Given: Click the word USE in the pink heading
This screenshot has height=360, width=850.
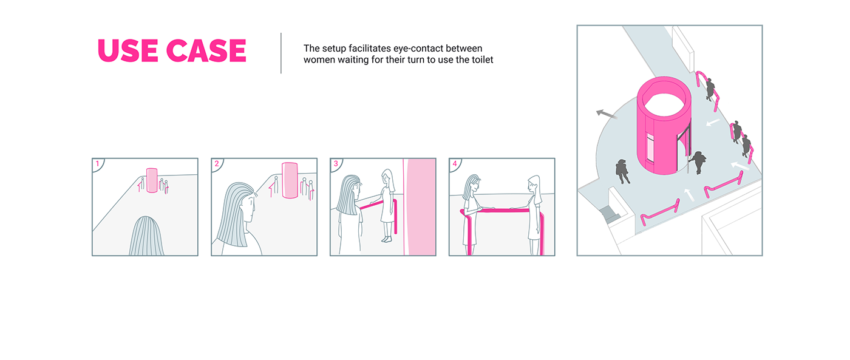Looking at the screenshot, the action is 127,50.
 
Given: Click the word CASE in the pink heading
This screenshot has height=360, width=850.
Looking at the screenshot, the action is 206,50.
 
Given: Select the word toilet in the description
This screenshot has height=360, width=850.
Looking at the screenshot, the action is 482,59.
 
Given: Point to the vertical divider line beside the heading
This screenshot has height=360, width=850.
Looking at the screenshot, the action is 280,53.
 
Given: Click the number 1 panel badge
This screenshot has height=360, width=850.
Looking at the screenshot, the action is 98,164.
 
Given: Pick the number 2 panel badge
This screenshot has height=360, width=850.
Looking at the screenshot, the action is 217,164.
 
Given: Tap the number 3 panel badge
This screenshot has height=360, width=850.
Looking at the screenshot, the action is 336,164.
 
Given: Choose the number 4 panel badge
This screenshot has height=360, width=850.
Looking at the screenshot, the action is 455,164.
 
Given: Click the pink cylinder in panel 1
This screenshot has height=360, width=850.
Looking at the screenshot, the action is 152,180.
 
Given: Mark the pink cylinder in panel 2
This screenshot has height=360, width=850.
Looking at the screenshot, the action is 290,180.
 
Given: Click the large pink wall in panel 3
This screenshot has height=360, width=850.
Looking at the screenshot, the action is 420,207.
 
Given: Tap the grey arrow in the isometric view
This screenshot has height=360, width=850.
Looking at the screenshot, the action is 607,114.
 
